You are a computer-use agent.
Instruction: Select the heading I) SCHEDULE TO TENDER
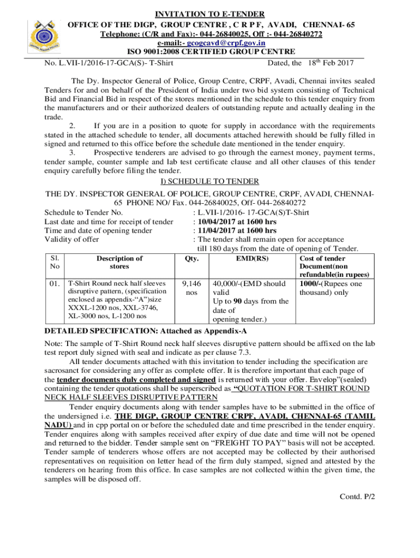pyautogui.click(x=209, y=181)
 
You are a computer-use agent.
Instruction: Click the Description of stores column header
pyautogui.click(x=119, y=262)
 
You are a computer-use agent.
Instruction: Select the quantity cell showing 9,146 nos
pyautogui.click(x=191, y=288)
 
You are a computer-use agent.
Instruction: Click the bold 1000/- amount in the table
pyautogui.click(x=310, y=284)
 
